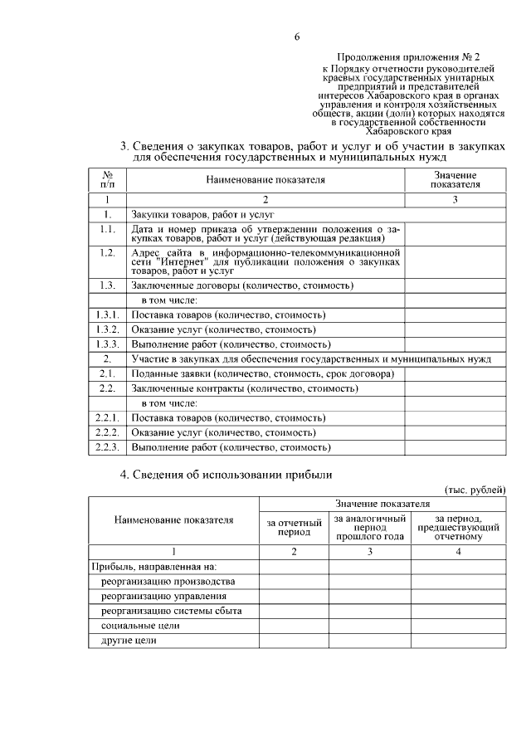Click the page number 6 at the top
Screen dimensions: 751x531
(x=296, y=37)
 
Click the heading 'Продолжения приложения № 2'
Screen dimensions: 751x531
(x=410, y=57)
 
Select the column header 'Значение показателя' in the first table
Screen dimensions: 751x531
(x=455, y=178)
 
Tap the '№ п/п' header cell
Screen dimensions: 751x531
(x=107, y=178)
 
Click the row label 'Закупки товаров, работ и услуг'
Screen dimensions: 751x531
(x=202, y=214)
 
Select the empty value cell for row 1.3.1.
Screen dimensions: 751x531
(x=455, y=315)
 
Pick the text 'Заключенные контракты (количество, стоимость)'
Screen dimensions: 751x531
(x=231, y=388)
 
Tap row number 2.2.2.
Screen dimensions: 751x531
(x=107, y=432)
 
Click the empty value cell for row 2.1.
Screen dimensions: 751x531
(x=455, y=373)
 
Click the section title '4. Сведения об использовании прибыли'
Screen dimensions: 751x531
(x=226, y=475)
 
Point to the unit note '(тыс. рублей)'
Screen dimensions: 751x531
(x=475, y=490)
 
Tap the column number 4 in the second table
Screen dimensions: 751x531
(x=458, y=552)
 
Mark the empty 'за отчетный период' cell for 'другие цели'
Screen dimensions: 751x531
(x=294, y=641)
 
